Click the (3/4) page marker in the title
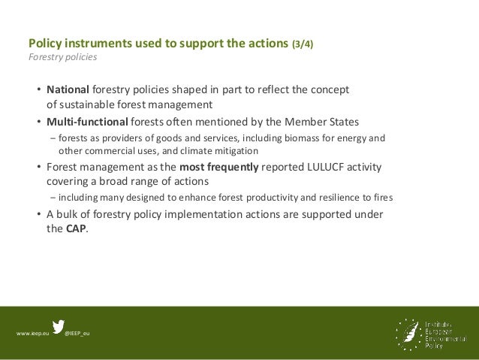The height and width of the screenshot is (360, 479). tap(303, 44)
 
